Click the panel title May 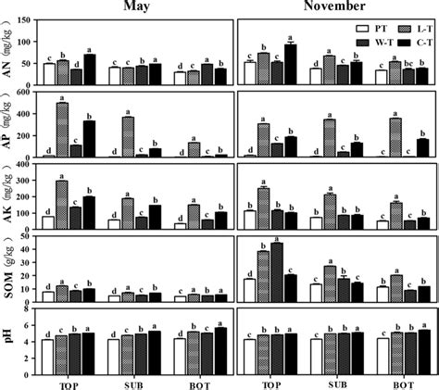click(x=137, y=7)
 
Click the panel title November click(x=338, y=7)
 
